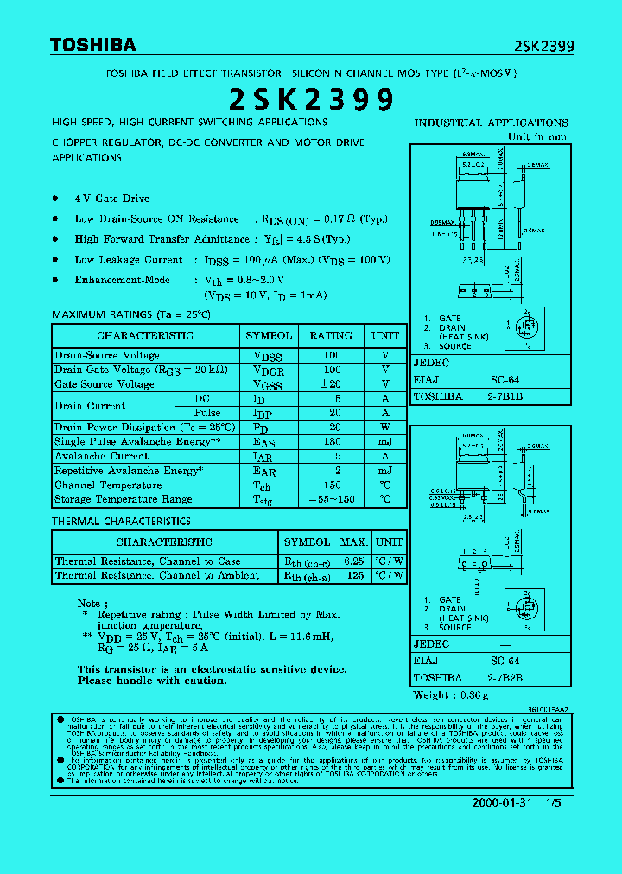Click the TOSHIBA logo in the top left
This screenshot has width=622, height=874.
(92, 45)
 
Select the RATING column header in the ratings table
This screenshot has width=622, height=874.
(331, 335)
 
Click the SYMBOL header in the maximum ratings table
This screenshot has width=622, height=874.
(269, 335)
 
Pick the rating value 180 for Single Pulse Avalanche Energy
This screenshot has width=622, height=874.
(332, 441)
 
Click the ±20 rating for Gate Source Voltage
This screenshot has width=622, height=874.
(332, 383)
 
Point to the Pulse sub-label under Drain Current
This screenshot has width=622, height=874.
(207, 413)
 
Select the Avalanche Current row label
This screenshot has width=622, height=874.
(102, 456)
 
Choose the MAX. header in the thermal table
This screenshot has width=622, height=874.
(354, 541)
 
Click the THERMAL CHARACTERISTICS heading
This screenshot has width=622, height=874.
(121, 522)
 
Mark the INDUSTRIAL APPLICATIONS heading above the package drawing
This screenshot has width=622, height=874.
(491, 123)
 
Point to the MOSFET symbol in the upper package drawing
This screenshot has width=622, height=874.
(524, 327)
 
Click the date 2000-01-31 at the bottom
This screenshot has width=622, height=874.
(503, 802)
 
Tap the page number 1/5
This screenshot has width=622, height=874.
(554, 802)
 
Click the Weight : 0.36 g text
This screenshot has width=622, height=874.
(451, 694)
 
